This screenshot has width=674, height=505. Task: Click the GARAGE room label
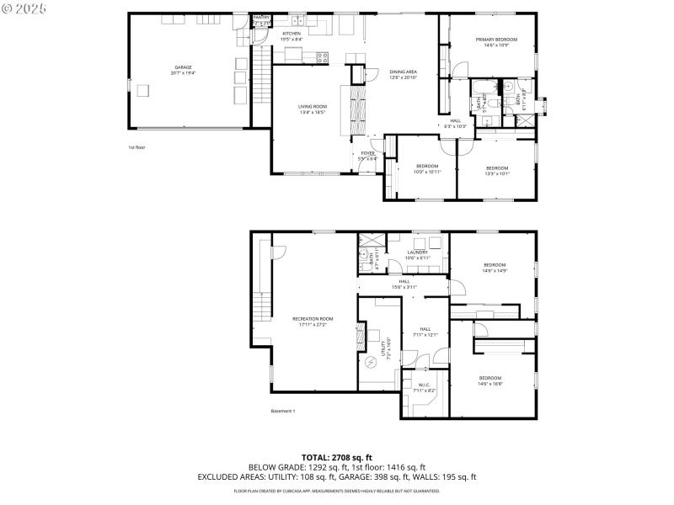tap(183, 67)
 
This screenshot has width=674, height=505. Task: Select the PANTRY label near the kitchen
tap(262, 17)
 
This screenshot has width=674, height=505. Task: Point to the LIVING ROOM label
tap(312, 107)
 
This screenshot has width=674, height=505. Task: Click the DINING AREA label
tap(404, 72)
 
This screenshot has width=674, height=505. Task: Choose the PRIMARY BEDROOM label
tap(495, 40)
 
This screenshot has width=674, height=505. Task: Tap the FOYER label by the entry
tap(367, 153)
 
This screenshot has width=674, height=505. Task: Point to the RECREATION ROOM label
tap(313, 319)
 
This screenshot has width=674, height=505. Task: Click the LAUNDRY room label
tap(418, 252)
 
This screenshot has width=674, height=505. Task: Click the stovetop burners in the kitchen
tap(321, 57)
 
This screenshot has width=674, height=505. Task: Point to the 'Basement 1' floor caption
tap(282, 411)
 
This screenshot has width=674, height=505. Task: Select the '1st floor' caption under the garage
tap(136, 147)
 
